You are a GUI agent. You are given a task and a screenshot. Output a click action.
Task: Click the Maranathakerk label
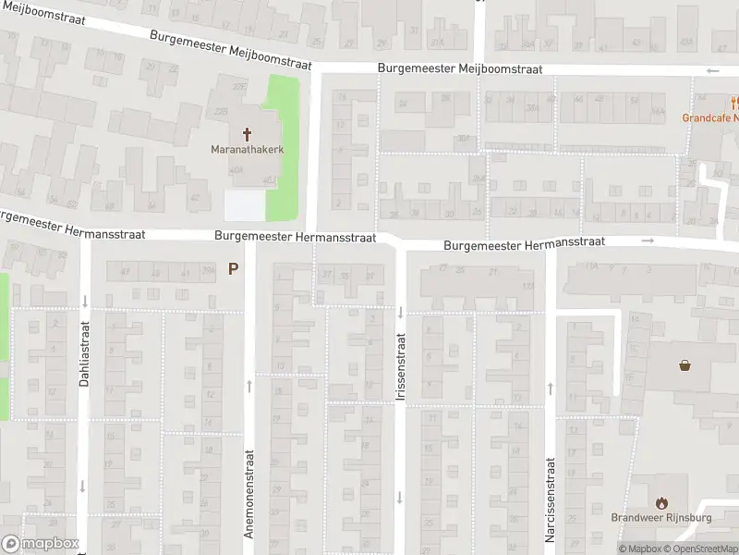(x=247, y=148)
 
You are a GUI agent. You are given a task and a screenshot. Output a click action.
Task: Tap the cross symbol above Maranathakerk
(x=247, y=133)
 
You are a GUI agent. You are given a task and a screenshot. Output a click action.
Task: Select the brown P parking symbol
(x=233, y=269)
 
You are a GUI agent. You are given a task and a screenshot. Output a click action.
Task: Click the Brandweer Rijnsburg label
(x=661, y=518)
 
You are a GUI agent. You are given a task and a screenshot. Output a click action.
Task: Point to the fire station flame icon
(x=661, y=503)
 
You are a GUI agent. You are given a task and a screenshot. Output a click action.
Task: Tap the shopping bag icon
(x=685, y=365)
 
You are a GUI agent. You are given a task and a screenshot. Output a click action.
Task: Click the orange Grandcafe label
(x=710, y=117)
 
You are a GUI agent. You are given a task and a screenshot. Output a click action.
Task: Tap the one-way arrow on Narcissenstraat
(x=550, y=388)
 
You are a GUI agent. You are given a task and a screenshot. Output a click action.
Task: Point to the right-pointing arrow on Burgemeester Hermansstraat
(x=648, y=241)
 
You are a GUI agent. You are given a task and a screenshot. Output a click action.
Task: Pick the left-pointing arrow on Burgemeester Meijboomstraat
(x=711, y=71)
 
